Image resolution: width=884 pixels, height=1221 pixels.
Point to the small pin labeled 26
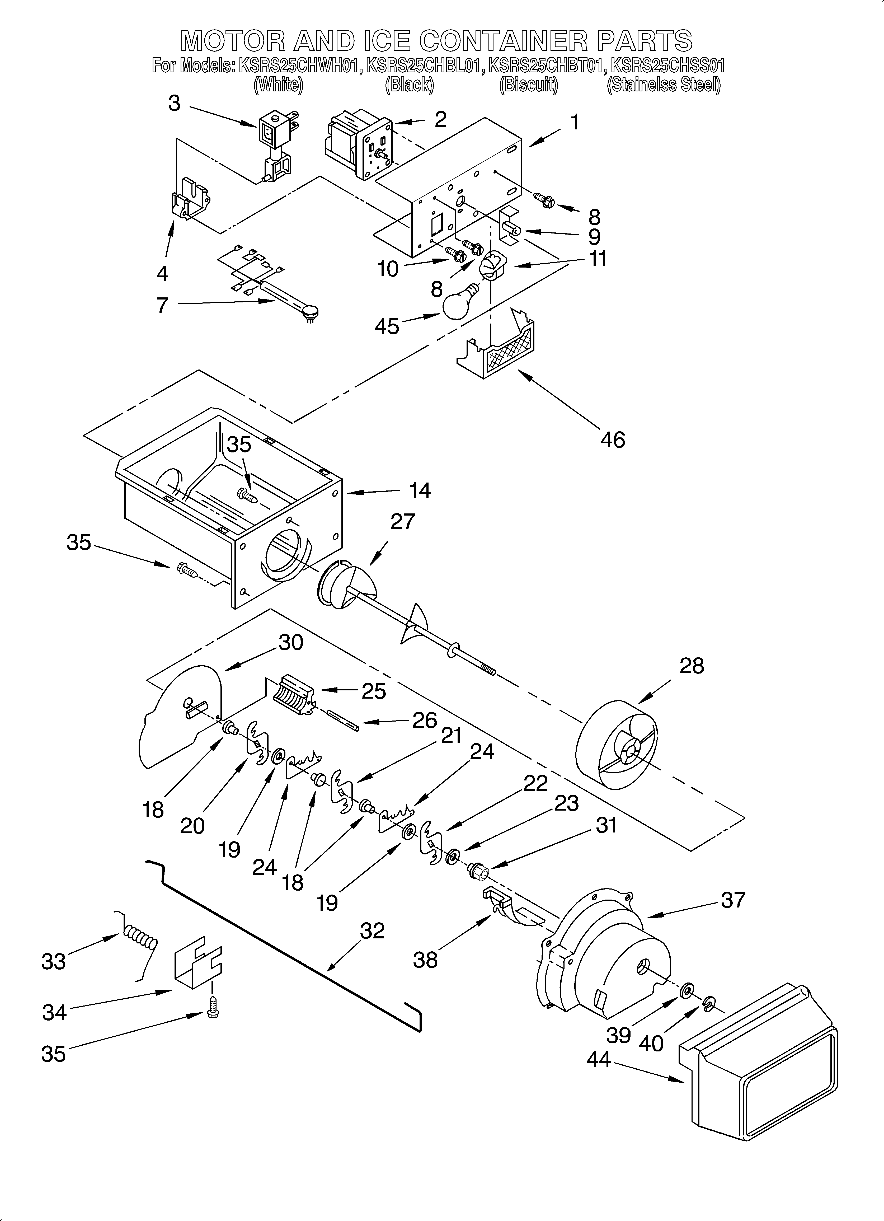[343, 720]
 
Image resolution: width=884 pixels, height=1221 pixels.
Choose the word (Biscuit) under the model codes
[529, 85]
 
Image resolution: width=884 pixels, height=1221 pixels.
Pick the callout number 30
[291, 642]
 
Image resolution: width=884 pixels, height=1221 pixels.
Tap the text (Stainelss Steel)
[663, 85]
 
